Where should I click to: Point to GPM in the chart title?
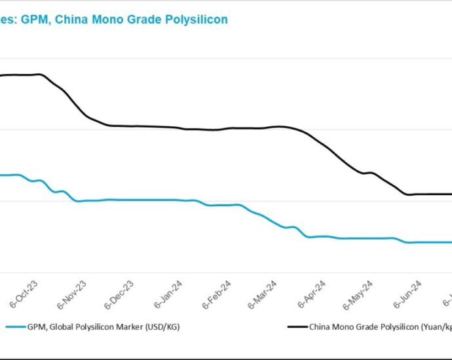(x=34, y=20)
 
